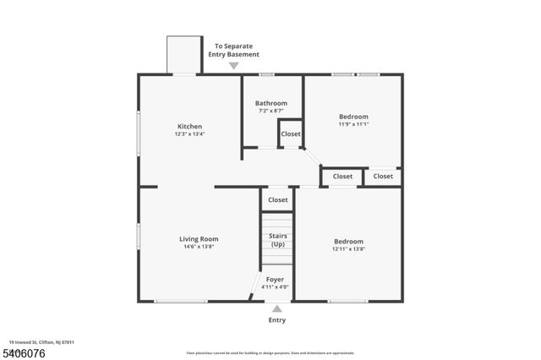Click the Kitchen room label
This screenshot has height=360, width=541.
[189, 127]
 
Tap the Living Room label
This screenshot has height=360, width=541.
[199, 239]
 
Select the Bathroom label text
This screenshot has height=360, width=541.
[271, 103]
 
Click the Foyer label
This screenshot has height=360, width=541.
[276, 279]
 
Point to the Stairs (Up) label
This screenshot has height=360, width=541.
[277, 240]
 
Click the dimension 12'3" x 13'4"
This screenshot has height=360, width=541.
[189, 134]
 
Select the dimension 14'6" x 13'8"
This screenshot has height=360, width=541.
[199, 247]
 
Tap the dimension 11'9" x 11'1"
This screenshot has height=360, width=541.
[353, 124]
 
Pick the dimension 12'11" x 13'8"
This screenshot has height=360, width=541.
[348, 249]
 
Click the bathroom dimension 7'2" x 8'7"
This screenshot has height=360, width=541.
[271, 111]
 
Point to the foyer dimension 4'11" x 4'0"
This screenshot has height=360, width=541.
[276, 287]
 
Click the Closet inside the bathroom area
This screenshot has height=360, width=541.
[290, 134]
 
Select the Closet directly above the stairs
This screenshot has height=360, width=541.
[277, 200]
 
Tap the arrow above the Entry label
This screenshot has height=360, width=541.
[276, 308]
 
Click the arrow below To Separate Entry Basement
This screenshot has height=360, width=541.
[234, 65]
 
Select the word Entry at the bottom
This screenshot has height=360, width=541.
[276, 320]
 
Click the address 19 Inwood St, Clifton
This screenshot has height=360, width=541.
[43, 342]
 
